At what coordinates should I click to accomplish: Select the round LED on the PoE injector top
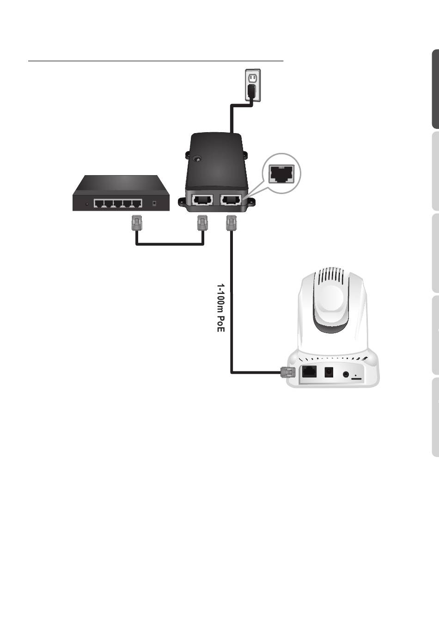pos(198,159)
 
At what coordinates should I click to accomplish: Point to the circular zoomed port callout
pos(281,174)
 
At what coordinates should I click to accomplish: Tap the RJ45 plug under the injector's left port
pos(202,223)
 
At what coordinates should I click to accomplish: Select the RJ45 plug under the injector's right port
pos(231,224)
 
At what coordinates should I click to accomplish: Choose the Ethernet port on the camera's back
pos(309,371)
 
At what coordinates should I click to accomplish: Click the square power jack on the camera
pos(329,372)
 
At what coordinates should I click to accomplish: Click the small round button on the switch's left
pos(87,203)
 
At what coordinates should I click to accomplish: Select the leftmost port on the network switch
pos(99,203)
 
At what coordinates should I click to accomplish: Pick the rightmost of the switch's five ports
pos(136,203)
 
